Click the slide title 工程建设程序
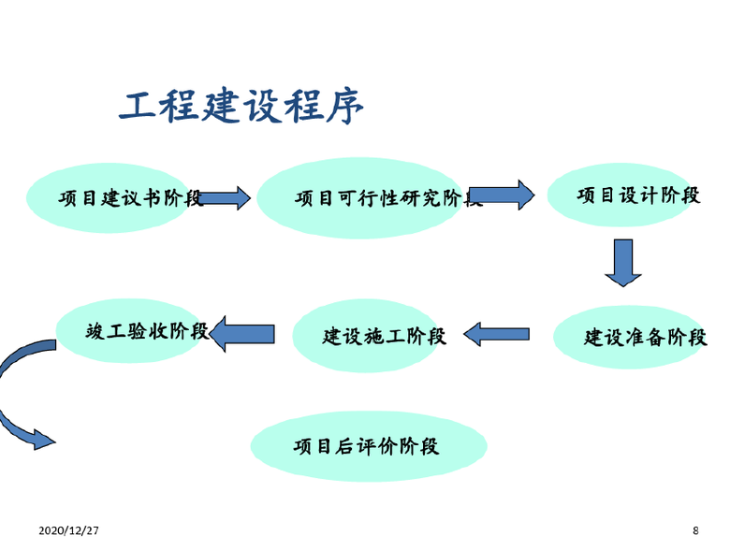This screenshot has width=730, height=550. [241, 106]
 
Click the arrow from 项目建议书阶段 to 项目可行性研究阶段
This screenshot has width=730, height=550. [225, 197]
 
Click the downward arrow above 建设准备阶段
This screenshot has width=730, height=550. [622, 262]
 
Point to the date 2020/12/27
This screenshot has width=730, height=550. [69, 530]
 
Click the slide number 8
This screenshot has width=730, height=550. [694, 530]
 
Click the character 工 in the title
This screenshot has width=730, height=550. [137, 106]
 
